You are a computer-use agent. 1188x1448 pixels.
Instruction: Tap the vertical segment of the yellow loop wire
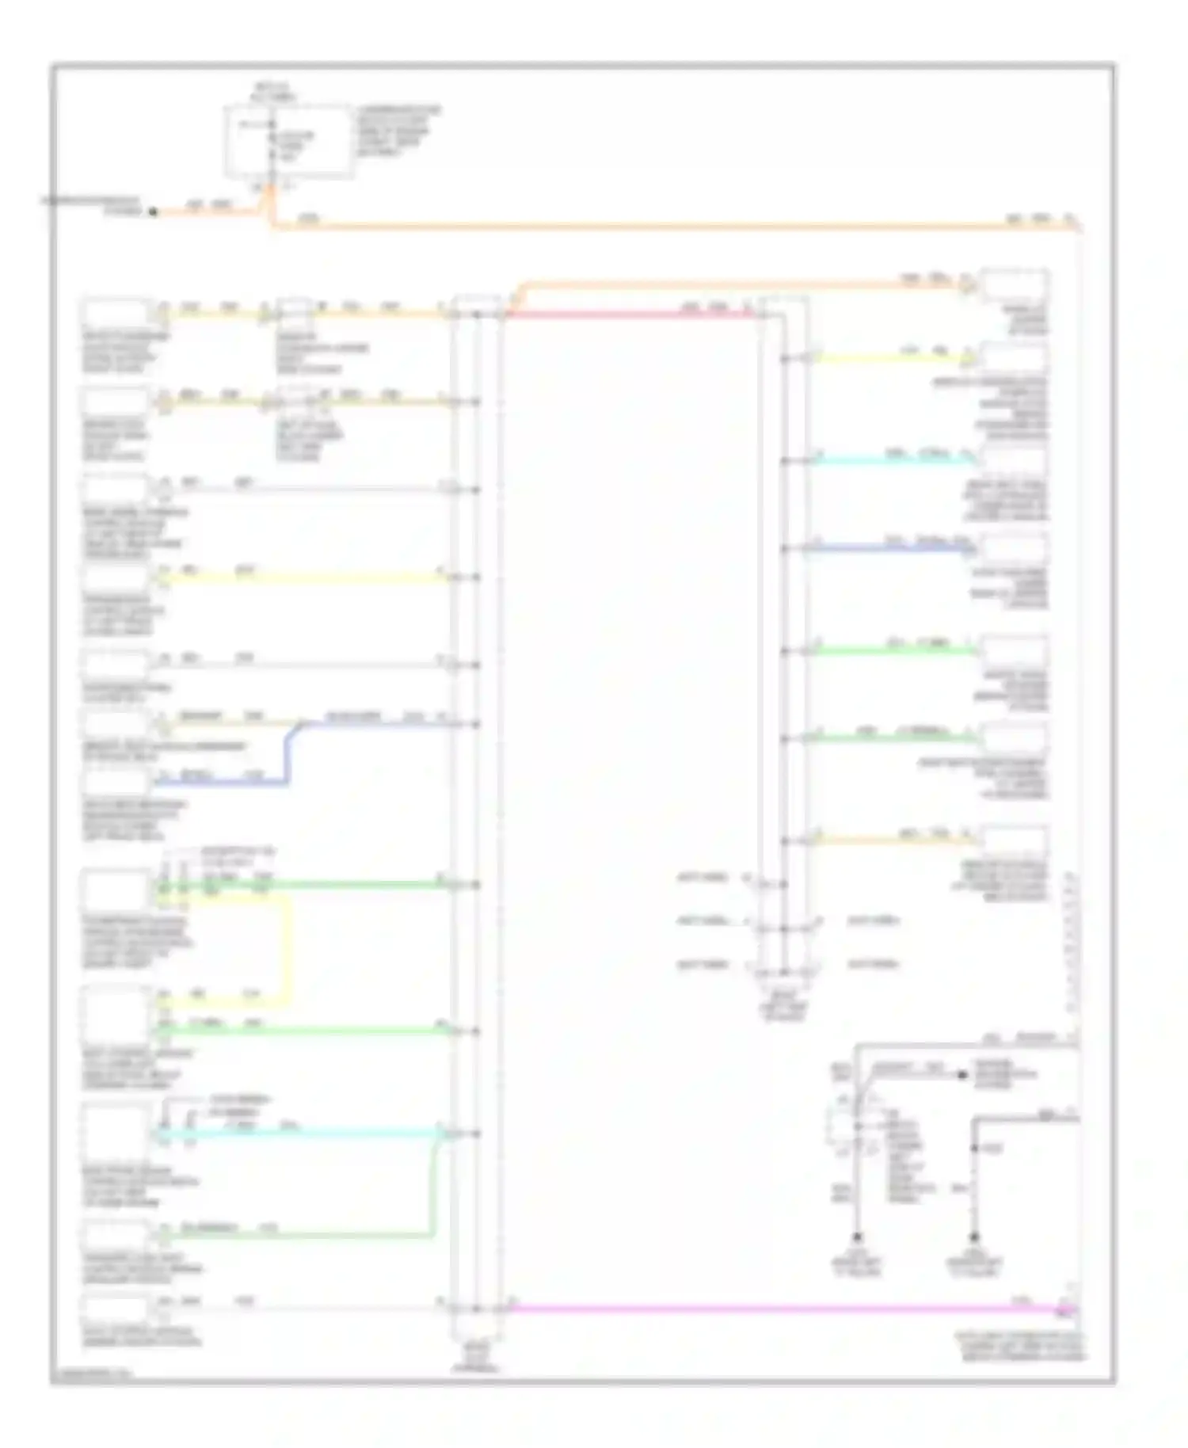point(287,951)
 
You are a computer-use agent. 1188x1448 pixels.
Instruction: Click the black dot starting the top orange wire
point(154,212)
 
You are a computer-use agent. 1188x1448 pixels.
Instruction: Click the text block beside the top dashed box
point(398,131)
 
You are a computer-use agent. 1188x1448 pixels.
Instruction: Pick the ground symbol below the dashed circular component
point(857,1237)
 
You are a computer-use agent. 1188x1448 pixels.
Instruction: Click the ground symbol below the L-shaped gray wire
point(974,1237)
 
